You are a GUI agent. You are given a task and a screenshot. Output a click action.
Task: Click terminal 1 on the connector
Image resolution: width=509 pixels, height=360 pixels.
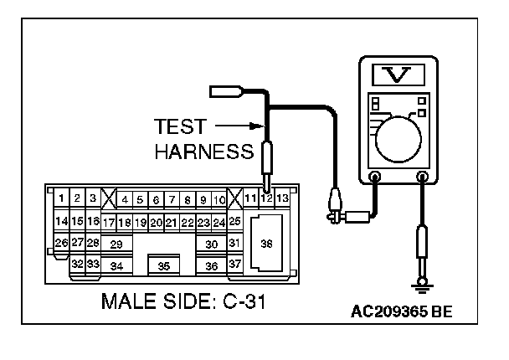click(61, 198)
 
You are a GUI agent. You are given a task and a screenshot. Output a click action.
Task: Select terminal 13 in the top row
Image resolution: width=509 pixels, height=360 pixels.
click(282, 198)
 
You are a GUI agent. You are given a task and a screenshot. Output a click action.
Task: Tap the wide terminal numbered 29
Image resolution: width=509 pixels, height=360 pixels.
click(116, 244)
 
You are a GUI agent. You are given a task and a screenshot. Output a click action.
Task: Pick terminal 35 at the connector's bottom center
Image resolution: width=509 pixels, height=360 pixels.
click(163, 265)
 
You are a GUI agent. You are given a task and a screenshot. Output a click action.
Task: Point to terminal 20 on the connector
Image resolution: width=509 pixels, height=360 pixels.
click(157, 223)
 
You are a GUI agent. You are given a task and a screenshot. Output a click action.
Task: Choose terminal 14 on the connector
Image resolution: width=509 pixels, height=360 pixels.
click(61, 221)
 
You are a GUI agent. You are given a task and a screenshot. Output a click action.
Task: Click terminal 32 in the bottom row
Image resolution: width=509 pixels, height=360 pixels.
click(77, 264)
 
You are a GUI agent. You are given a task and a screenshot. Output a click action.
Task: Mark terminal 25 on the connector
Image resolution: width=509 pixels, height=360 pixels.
click(234, 221)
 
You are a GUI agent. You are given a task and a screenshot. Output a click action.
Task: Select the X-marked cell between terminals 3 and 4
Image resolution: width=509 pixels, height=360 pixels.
click(109, 198)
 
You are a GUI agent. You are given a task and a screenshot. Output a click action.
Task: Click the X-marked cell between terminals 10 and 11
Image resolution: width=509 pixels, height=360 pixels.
click(234, 198)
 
